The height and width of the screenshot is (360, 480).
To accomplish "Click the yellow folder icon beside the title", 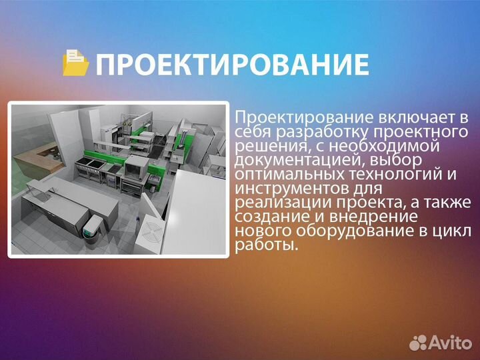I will tap(76, 63).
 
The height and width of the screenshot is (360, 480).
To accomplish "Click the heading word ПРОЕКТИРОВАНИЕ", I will tap(232, 65).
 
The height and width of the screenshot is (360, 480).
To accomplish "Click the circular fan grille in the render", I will tap(149, 234).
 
